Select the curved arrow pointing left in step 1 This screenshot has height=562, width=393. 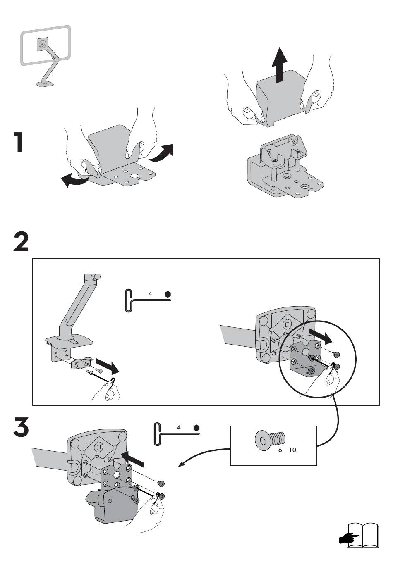tap(73, 179)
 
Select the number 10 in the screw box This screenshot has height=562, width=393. tap(292, 450)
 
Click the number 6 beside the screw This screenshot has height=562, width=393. tap(280, 450)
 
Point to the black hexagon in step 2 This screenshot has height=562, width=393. tap(168, 294)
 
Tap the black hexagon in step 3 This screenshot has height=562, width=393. tap(196, 428)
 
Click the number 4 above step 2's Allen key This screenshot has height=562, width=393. tap(151, 294)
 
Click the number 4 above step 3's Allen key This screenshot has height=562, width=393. tap(179, 427)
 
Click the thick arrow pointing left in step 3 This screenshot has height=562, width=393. tap(135, 458)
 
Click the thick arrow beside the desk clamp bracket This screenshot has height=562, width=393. tap(108, 365)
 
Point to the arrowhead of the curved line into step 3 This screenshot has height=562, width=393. tap(180, 466)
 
